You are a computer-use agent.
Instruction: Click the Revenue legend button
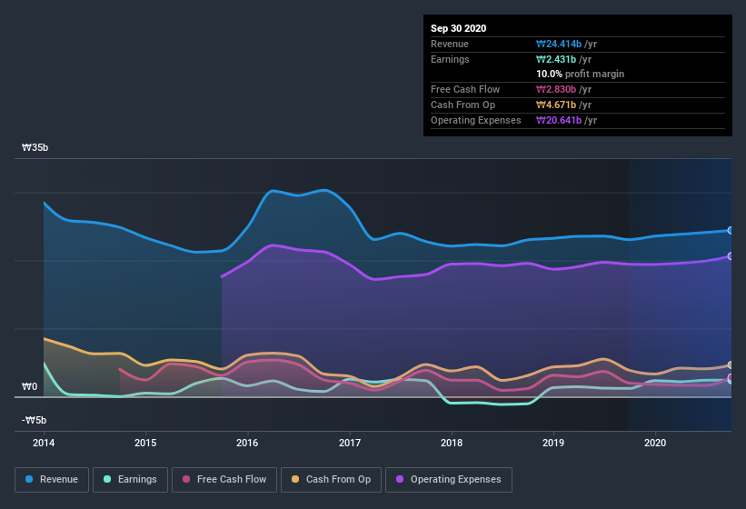[x=53, y=479]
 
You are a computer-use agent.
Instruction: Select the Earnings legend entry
[x=131, y=479]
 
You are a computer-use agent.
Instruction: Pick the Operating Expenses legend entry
[x=448, y=479]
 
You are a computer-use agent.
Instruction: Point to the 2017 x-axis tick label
[x=350, y=444]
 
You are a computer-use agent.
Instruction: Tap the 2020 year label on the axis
[x=655, y=444]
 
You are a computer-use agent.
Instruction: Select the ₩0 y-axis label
[x=30, y=386]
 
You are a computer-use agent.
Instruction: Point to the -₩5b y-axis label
[x=35, y=420]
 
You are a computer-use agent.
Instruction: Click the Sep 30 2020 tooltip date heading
[x=459, y=28]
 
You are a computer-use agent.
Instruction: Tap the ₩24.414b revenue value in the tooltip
[x=565, y=44]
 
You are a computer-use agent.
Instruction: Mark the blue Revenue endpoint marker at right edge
[x=731, y=231]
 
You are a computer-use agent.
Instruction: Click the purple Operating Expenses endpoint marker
[x=731, y=256]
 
